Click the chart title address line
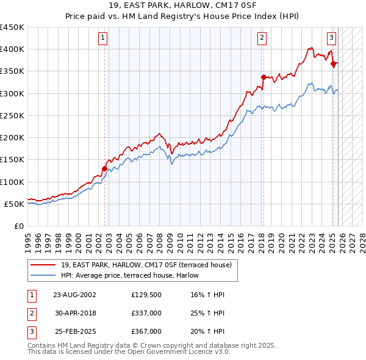183,5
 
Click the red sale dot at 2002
104,169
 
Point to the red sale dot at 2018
264,77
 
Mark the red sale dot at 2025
333,63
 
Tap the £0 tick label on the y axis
19,226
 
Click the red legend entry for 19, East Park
146,265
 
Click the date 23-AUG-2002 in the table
74,295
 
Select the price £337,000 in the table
146,313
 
